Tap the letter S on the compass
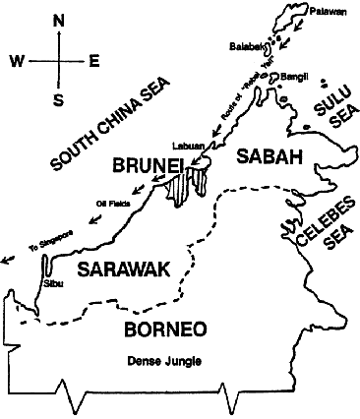tap(59, 99)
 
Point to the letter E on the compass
tap(94, 61)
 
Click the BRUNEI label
tap(148, 166)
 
